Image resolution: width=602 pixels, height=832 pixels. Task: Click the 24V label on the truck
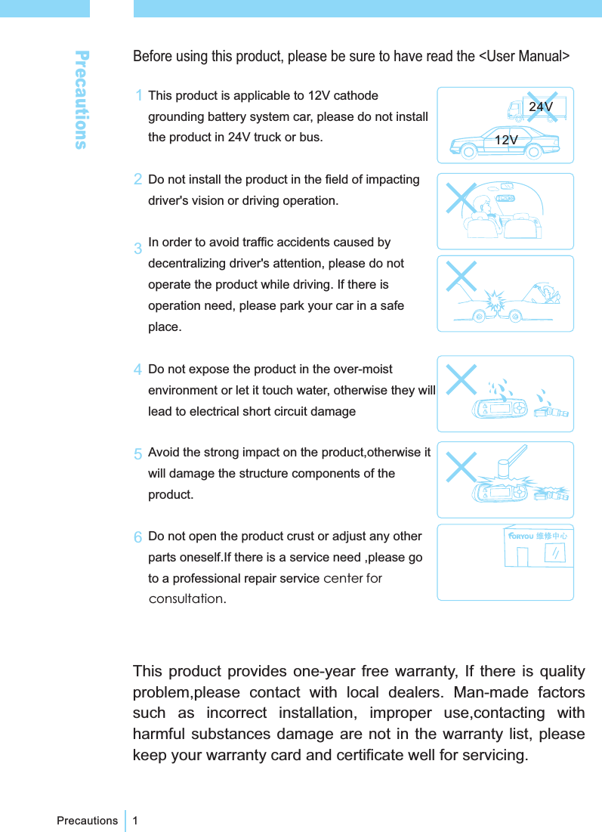coord(541,107)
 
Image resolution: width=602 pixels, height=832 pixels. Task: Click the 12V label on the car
coord(506,140)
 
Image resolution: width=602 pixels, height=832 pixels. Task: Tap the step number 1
coord(139,96)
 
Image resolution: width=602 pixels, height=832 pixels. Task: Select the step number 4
coord(139,370)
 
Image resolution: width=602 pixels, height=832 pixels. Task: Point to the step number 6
coord(138,537)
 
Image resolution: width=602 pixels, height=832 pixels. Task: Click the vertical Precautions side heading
coord(82,99)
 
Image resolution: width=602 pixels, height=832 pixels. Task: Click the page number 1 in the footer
coord(135,820)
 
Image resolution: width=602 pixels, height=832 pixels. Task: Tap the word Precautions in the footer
coord(88,820)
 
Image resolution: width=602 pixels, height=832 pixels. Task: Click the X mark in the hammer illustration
coord(462,465)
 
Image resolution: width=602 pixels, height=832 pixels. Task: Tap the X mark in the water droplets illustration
coord(462,379)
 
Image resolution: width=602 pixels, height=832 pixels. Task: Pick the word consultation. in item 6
coord(187,599)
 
